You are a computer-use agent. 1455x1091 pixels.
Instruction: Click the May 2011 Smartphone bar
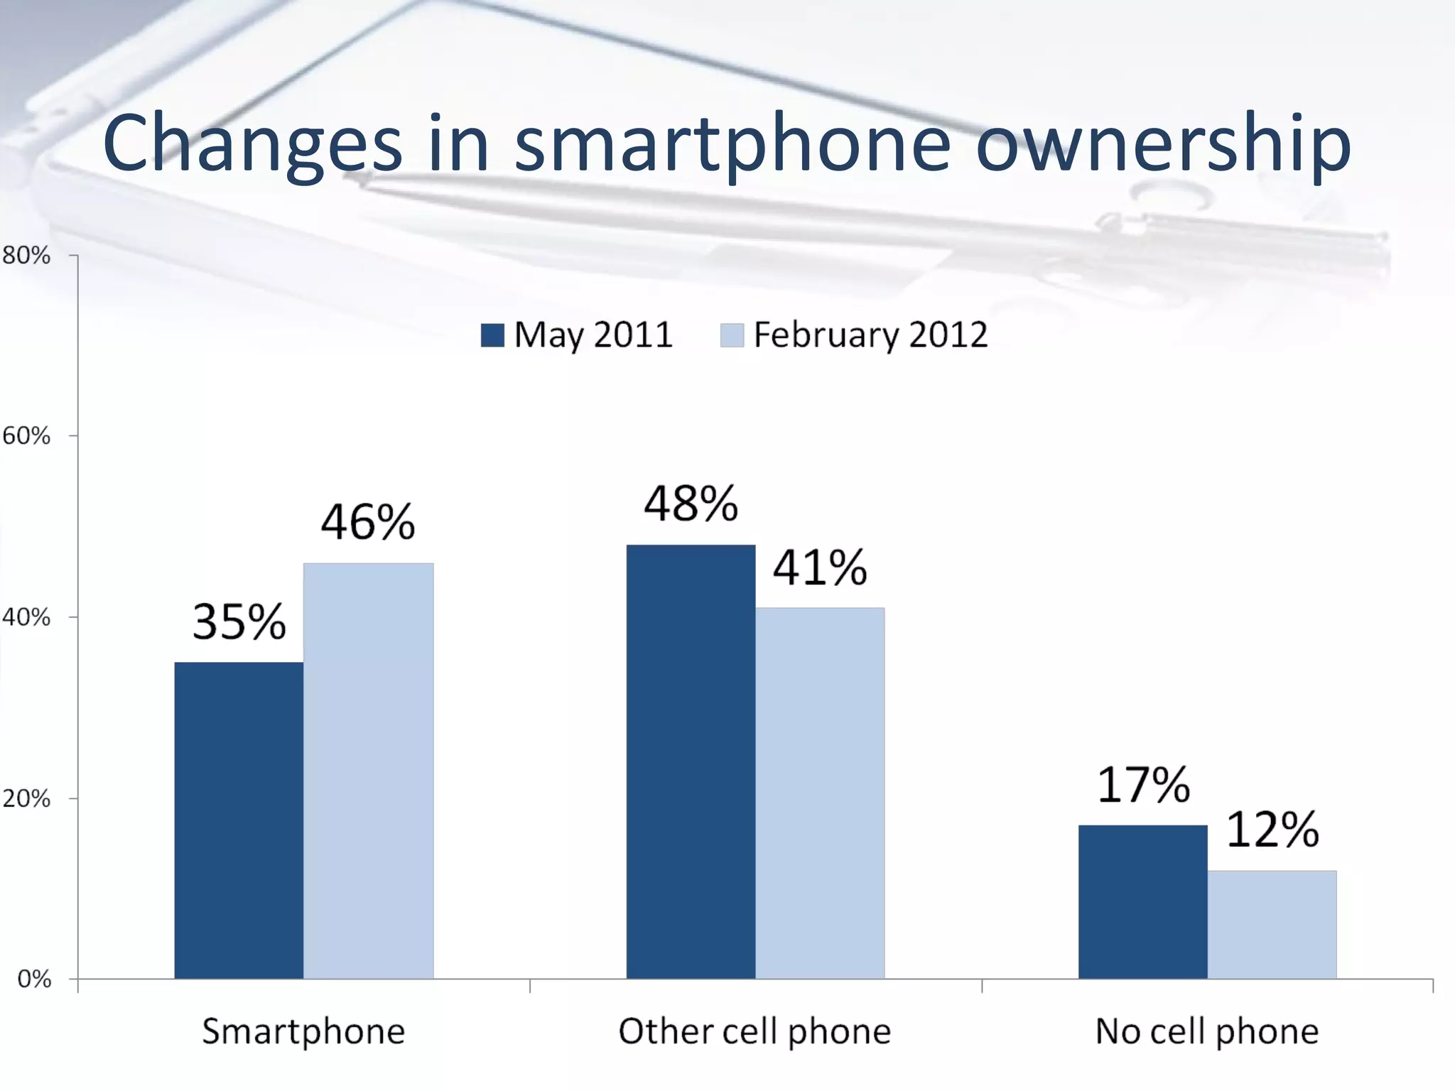click(x=239, y=820)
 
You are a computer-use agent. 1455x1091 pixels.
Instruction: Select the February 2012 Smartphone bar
click(x=368, y=771)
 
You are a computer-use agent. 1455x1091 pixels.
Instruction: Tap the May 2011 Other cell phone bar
click(x=691, y=761)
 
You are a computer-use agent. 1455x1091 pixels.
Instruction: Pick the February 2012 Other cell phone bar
click(x=820, y=793)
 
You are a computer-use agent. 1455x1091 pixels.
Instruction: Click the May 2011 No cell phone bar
click(x=1142, y=902)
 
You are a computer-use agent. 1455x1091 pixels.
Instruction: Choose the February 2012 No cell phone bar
click(x=1272, y=925)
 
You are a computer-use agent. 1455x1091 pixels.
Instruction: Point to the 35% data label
click(x=239, y=622)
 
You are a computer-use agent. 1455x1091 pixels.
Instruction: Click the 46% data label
click(x=368, y=522)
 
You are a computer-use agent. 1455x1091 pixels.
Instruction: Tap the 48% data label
click(x=691, y=504)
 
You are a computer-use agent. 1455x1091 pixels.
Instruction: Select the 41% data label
click(x=820, y=568)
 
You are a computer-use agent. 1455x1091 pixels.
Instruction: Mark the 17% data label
click(x=1142, y=786)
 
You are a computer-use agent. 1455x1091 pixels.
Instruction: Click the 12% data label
click(x=1272, y=830)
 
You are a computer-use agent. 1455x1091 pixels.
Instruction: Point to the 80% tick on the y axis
click(x=27, y=255)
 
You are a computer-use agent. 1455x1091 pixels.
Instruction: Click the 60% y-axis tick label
click(x=27, y=435)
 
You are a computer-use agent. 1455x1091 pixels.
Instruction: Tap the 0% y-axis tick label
click(x=34, y=979)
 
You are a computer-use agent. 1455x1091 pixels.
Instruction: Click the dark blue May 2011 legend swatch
click(x=492, y=335)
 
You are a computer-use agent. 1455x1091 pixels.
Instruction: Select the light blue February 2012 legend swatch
click(x=732, y=335)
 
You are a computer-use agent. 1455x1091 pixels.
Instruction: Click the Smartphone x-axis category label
click(x=303, y=1031)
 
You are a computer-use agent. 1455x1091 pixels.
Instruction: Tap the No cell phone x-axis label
click(x=1206, y=1031)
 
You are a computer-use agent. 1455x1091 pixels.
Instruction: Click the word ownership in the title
click(x=1163, y=144)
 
